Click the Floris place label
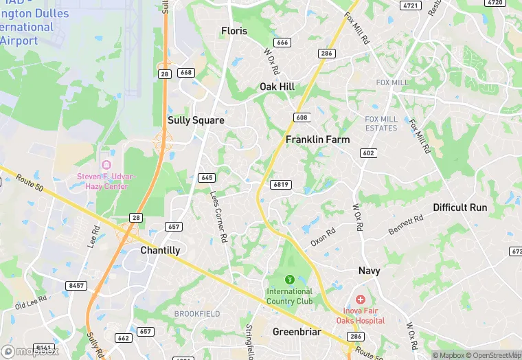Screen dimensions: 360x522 [x=234, y=31]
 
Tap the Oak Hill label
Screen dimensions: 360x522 [x=277, y=87]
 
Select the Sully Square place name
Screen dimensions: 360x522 [x=196, y=120]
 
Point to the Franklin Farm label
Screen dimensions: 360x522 [x=317, y=139]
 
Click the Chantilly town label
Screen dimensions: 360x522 [x=160, y=251]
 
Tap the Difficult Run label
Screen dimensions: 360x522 [x=459, y=207]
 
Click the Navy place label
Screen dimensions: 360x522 [x=369, y=271]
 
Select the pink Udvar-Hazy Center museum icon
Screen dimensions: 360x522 [x=106, y=166]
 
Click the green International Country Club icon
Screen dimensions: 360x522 [x=290, y=280]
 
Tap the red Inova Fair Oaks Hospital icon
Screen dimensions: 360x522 [x=361, y=300]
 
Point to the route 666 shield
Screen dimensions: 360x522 [x=282, y=43]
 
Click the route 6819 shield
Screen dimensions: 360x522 [x=280, y=184]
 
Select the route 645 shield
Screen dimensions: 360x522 [x=207, y=177]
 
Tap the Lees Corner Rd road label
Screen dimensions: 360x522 [x=218, y=216]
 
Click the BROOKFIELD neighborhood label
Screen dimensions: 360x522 [x=197, y=313]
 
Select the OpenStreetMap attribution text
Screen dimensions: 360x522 [x=492, y=355]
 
